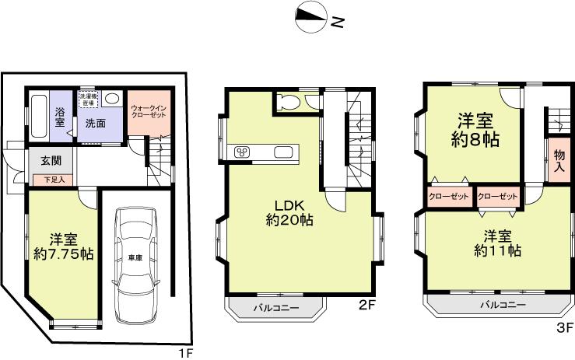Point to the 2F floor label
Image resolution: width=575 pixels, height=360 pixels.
[367, 306]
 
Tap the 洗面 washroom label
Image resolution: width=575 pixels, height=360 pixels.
[96, 123]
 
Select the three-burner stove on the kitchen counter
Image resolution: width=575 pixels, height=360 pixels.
[241, 151]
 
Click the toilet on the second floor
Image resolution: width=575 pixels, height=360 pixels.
[287, 100]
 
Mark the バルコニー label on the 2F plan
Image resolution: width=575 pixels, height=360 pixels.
[275, 309]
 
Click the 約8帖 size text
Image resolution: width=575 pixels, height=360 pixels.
[475, 140]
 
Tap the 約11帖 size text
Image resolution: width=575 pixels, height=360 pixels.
[497, 250]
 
